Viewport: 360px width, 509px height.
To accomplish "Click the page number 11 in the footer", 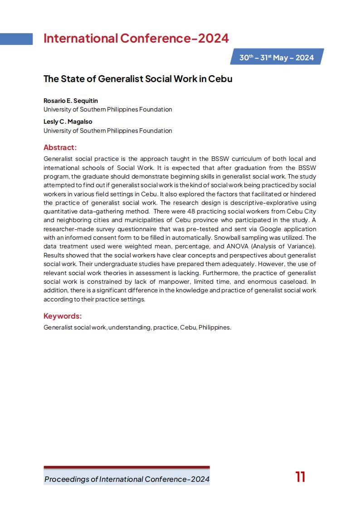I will (300, 477).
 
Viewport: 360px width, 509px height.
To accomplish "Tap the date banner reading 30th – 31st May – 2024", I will (277, 58).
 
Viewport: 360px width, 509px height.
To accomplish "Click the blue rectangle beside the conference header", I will (16, 39).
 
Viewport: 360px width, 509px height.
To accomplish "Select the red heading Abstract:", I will (60, 147).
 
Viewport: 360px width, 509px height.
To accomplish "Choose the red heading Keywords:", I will (63, 316).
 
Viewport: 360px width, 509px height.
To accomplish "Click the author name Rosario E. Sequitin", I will (71, 101).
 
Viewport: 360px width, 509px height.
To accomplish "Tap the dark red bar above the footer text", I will (126, 467).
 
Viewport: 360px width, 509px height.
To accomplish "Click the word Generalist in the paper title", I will (121, 78).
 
